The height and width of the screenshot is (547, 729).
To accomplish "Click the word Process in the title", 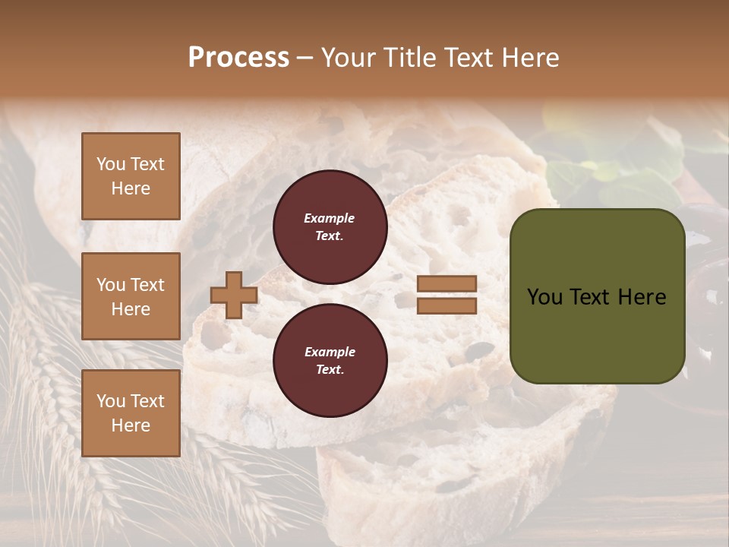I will click(238, 57).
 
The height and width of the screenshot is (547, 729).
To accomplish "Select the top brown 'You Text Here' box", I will click(131, 176).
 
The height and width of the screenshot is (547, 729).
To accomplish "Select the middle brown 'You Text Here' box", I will click(131, 296).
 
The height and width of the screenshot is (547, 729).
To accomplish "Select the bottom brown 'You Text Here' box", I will click(131, 413).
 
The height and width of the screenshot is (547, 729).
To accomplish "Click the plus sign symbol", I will click(234, 295).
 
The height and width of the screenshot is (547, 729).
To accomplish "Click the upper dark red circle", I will click(330, 226).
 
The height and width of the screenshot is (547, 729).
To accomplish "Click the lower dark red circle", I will click(330, 360).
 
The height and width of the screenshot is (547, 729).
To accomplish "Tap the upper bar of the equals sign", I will click(447, 283).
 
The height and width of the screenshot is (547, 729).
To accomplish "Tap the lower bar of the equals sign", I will click(447, 305).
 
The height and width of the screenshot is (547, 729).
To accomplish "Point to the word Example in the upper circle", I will click(330, 218).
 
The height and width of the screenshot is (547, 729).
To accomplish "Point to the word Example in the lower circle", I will click(330, 352).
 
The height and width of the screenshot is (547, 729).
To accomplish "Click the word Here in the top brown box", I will click(131, 188).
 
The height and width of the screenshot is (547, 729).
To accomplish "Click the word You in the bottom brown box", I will click(111, 400).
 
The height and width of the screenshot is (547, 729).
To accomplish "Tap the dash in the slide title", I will click(305, 58).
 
